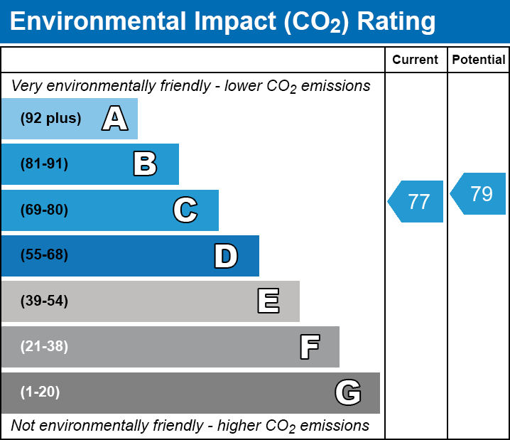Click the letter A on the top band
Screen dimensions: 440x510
point(114,119)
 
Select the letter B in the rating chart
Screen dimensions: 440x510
point(145,164)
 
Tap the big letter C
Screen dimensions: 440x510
point(185,210)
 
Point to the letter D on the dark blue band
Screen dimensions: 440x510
point(226,256)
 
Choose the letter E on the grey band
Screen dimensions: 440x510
point(268,301)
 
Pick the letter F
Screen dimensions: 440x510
point(309,347)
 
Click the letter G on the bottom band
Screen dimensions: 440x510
point(348,392)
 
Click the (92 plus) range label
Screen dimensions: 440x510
point(50,119)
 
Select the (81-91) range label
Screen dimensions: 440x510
point(44,164)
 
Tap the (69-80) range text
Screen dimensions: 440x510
point(44,210)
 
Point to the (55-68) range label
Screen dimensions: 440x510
point(44,255)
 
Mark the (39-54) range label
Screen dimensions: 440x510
point(44,301)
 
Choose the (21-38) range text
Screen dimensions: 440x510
point(44,347)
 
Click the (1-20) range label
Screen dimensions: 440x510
point(40,392)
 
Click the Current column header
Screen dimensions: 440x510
point(416,60)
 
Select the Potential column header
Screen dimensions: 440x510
point(479,60)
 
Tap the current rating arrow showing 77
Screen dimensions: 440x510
point(417,201)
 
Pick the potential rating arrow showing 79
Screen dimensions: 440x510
point(479,193)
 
